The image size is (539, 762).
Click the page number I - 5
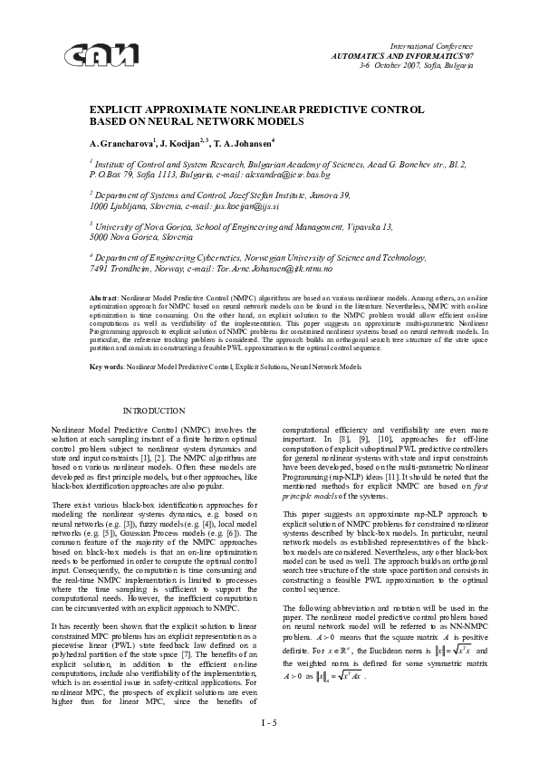point(269,721)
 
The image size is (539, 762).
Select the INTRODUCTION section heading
point(154,412)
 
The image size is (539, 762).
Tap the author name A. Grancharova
point(122,143)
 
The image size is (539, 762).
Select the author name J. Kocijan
point(187,143)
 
